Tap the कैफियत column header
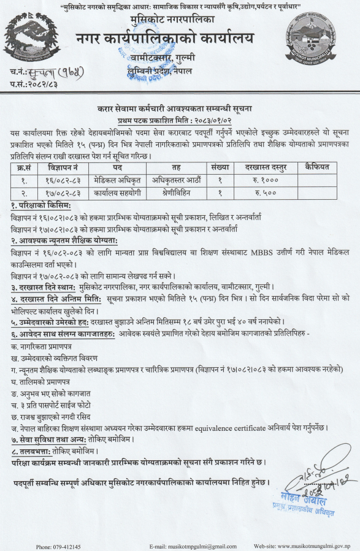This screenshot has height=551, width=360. [x=316, y=166]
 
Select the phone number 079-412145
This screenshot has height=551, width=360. [x=59, y=546]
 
